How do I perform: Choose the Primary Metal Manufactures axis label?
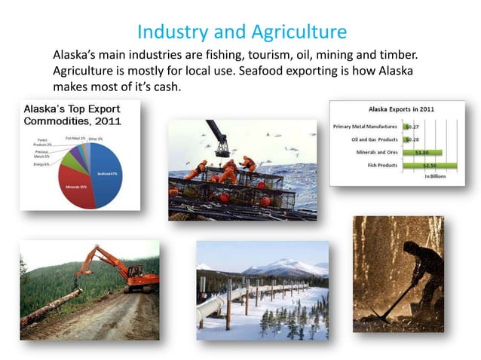pyautogui.click(x=368, y=127)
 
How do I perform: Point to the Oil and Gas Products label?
pyautogui.click(x=373, y=139)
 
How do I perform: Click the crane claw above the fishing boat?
pyautogui.click(x=221, y=138)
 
